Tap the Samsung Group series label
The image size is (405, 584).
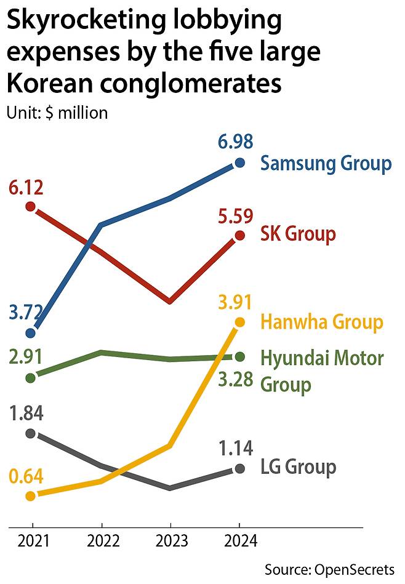(x=326, y=164)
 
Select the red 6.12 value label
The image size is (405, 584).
(x=26, y=187)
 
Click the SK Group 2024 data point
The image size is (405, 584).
(x=239, y=236)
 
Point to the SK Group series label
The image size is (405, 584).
(x=298, y=234)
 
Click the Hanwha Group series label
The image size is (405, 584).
(x=321, y=322)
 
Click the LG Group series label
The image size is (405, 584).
(x=299, y=467)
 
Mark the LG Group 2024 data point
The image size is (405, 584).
(x=239, y=469)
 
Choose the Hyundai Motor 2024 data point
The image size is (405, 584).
(x=239, y=357)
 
